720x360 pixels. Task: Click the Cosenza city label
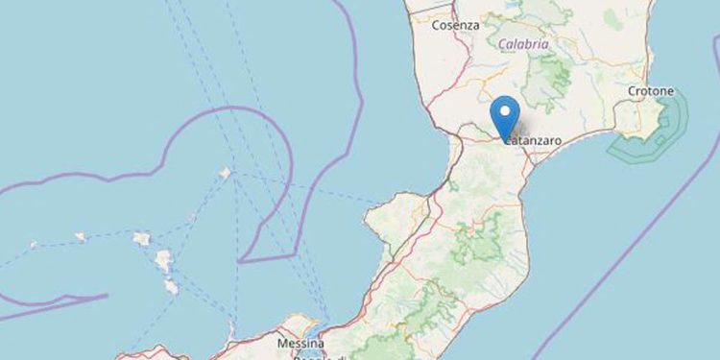click(456, 26)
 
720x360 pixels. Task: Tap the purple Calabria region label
click(524, 45)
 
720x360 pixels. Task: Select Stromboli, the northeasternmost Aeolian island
click(225, 174)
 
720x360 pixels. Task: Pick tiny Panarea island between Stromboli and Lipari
click(191, 218)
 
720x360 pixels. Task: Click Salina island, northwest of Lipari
click(141, 238)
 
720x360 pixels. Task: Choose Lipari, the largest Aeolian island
click(164, 260)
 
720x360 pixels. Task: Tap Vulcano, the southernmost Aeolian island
click(171, 286)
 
